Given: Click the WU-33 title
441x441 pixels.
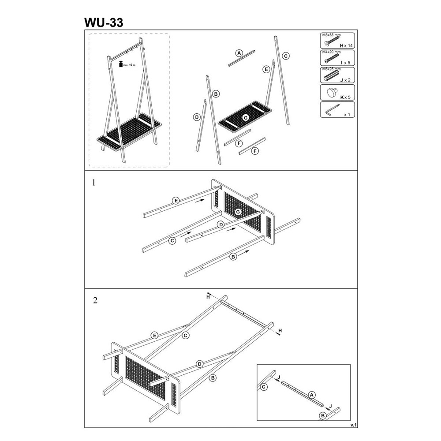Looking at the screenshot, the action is pyautogui.click(x=104, y=22).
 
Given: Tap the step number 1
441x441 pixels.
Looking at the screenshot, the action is pyautogui.click(x=93, y=183).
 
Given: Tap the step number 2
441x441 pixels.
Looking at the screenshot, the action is pyautogui.click(x=95, y=300).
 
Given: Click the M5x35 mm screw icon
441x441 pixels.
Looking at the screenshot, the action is pyautogui.click(x=332, y=40).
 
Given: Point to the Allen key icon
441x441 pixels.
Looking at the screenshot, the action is pyautogui.click(x=332, y=110).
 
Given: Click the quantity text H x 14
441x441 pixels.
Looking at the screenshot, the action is pyautogui.click(x=346, y=45).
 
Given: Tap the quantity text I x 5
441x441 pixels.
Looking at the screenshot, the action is pyautogui.click(x=345, y=63).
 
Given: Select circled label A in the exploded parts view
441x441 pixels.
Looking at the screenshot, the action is pyautogui.click(x=239, y=53).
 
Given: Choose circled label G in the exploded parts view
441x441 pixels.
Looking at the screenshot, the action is pyautogui.click(x=246, y=118).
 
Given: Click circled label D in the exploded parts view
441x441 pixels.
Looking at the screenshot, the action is pyautogui.click(x=197, y=117).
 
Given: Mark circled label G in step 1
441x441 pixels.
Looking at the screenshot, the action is pyautogui.click(x=238, y=212).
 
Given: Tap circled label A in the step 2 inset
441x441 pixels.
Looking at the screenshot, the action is pyautogui.click(x=311, y=395).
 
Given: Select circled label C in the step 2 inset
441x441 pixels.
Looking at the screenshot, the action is pyautogui.click(x=264, y=387).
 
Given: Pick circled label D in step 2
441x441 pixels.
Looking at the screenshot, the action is pyautogui.click(x=199, y=364).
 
